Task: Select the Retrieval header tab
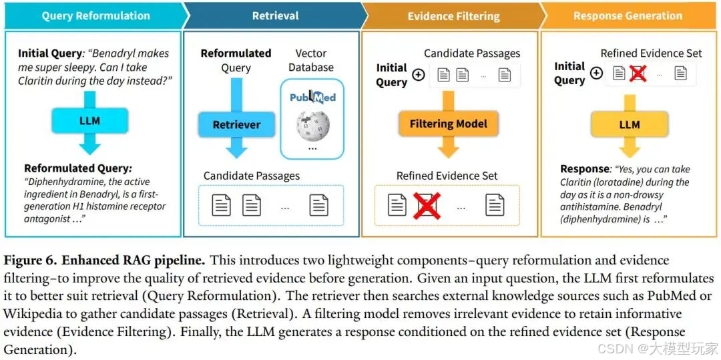point(275,16)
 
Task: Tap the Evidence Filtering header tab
point(453,16)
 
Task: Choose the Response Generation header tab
point(628,16)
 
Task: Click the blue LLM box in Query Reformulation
point(89,121)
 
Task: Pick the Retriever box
point(236,125)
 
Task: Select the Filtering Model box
point(448,124)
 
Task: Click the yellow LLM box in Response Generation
point(629,124)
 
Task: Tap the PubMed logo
point(312,98)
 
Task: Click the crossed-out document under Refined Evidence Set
point(427,205)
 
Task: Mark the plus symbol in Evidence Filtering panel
point(419,75)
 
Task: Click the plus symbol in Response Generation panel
point(596,73)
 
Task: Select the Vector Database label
point(311,60)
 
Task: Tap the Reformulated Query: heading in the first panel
point(78,168)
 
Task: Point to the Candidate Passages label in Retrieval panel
point(252,176)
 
